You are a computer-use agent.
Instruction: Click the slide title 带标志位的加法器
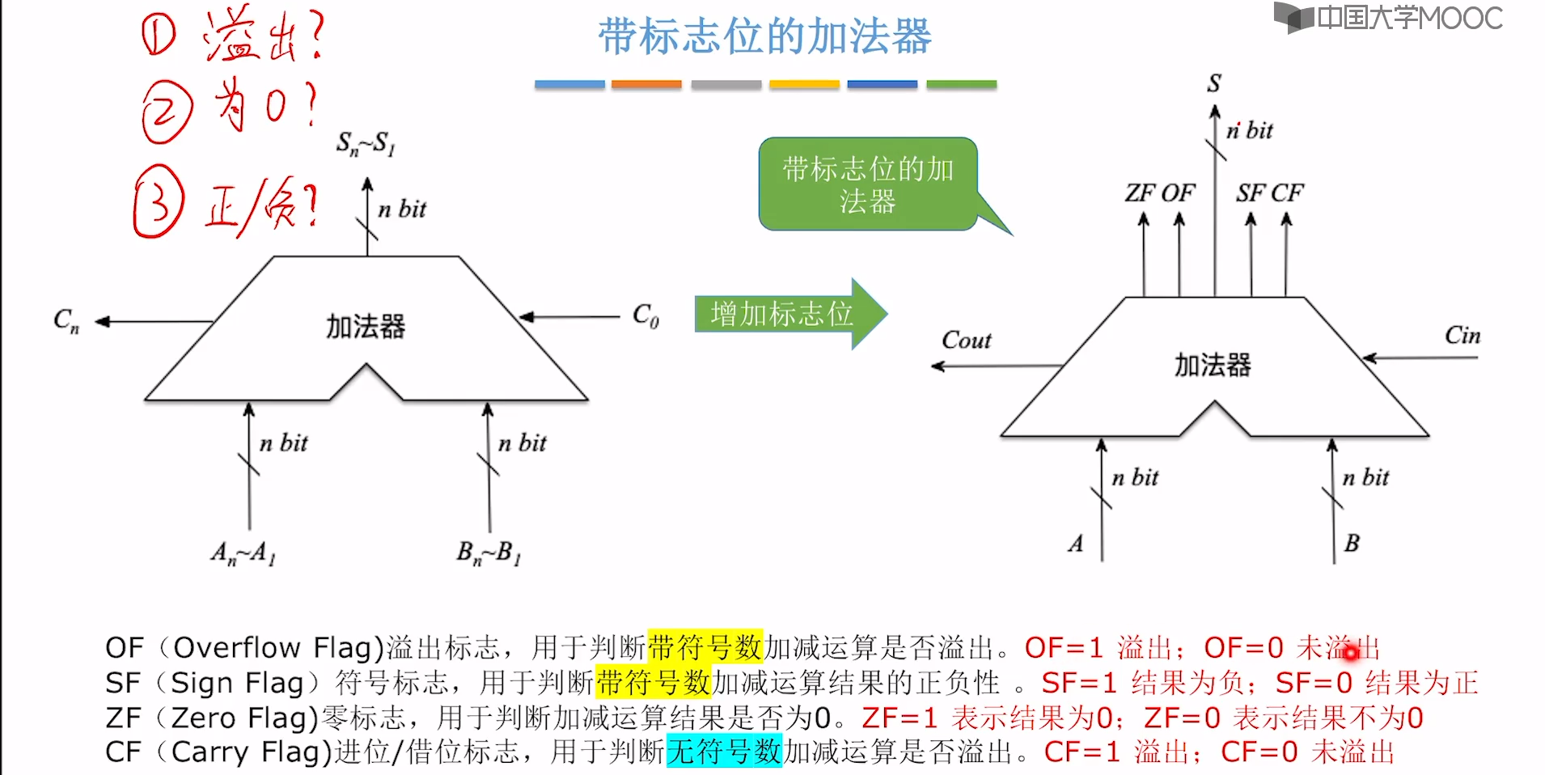(764, 37)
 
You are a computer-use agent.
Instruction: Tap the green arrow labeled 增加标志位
(783, 314)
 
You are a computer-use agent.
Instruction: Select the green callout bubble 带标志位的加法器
(867, 184)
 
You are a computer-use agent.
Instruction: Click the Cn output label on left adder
(66, 320)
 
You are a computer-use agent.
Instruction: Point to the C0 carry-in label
(646, 315)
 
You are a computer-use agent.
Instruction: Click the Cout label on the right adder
(966, 340)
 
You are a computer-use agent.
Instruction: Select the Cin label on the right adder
(1462, 335)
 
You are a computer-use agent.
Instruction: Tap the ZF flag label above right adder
(1140, 193)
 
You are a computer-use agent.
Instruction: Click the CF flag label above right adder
(1287, 193)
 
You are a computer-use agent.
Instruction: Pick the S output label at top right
(1214, 83)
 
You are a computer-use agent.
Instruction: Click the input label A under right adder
(1075, 543)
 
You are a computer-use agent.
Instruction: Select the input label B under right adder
(1352, 543)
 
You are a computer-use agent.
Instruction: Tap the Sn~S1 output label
(366, 144)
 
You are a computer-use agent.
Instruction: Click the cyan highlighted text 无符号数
(724, 752)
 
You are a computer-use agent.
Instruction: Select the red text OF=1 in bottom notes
(1064, 648)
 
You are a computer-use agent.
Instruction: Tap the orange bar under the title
(646, 84)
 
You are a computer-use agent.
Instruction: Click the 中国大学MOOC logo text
(1409, 18)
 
